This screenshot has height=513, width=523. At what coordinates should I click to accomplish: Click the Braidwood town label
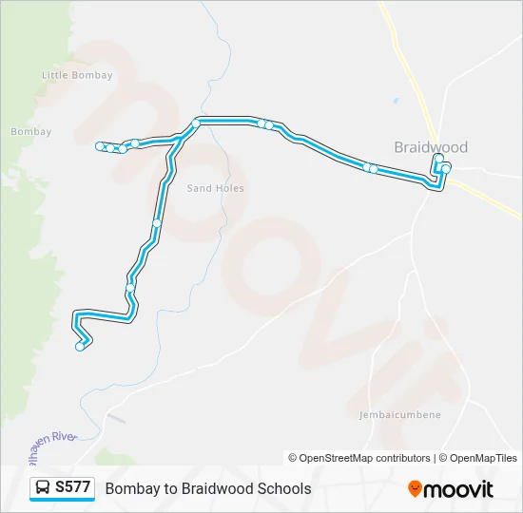[x=431, y=147]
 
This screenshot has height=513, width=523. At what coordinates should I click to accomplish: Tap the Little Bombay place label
[x=78, y=76]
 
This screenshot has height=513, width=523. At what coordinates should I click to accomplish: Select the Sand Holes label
[x=215, y=188]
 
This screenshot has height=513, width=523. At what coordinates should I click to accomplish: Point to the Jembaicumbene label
[x=399, y=415]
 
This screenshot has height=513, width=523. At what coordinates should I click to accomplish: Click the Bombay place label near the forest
[x=31, y=132]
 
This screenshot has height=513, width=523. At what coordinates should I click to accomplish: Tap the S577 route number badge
[x=73, y=487]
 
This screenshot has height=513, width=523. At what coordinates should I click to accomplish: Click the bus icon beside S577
[x=44, y=488]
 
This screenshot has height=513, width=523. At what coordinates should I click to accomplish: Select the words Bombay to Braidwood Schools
[x=208, y=488]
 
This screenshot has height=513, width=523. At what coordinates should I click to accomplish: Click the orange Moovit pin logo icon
[x=415, y=488]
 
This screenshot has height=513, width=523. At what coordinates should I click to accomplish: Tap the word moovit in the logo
[x=458, y=488]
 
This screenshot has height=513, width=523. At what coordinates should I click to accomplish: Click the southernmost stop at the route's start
[x=80, y=347]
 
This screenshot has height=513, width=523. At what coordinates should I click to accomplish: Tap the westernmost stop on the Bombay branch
[x=100, y=145]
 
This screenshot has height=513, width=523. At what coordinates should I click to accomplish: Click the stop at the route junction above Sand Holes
[x=196, y=123]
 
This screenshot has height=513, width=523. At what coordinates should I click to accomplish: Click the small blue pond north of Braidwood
[x=396, y=100]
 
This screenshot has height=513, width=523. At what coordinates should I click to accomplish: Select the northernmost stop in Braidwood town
[x=438, y=159]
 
